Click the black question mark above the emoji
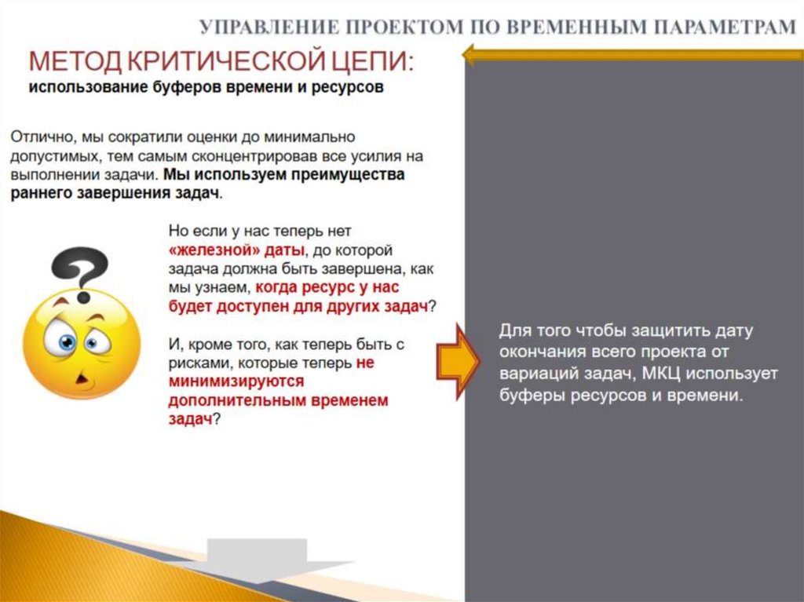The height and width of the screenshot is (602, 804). [x=80, y=271]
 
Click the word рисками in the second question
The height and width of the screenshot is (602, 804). [x=192, y=363]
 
